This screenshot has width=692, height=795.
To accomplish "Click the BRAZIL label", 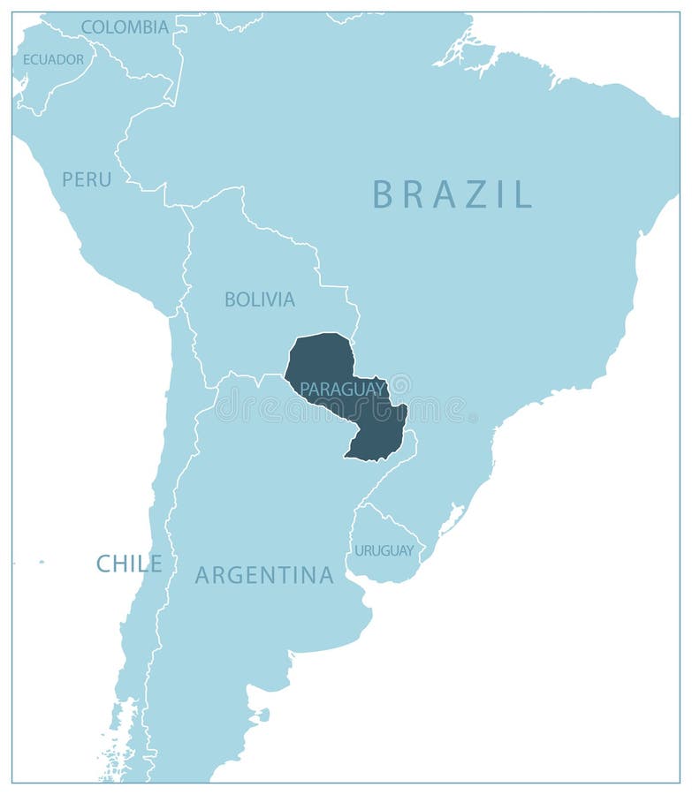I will (452, 193).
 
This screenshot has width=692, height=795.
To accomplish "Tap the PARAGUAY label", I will (342, 389).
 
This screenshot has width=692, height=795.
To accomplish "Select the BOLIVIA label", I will (259, 299).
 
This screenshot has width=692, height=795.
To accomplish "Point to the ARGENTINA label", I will (264, 576).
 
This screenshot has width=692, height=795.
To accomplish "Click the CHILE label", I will (129, 564).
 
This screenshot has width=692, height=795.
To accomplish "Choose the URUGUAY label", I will (384, 550).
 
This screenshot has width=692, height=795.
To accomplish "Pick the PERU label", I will (87, 179).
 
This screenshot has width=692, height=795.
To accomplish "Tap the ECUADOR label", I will (53, 59).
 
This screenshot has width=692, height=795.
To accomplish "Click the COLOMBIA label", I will (125, 27).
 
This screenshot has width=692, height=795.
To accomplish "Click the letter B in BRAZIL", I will (382, 193).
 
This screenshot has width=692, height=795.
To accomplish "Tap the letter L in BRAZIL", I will (524, 193).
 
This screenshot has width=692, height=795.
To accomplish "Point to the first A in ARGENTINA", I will (202, 576).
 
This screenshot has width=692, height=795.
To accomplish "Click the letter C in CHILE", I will (103, 564).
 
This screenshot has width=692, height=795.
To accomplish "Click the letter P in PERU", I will (67, 179).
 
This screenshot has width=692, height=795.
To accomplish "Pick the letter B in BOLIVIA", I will (230, 299).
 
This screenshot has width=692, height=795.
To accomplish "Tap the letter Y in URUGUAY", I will (408, 550).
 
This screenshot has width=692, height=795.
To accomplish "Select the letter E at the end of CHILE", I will (156, 564).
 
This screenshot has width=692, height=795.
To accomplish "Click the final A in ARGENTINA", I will (326, 576).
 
